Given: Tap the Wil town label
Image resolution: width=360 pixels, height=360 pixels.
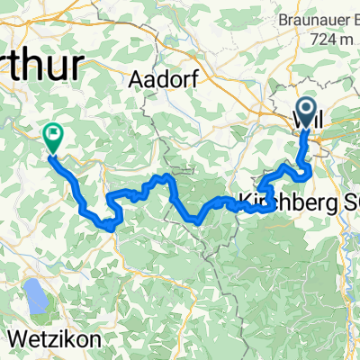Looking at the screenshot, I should [x=308, y=118].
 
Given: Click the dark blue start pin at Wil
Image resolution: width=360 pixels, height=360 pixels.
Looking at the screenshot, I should [x=307, y=112].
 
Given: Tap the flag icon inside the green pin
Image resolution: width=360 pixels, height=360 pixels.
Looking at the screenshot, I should [x=52, y=135].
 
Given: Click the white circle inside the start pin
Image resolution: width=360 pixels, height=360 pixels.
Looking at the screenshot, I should [x=307, y=110].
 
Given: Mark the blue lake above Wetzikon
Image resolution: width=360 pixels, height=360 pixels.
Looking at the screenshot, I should [x=36, y=292].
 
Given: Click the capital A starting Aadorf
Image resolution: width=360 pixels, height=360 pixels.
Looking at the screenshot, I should [x=138, y=80].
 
